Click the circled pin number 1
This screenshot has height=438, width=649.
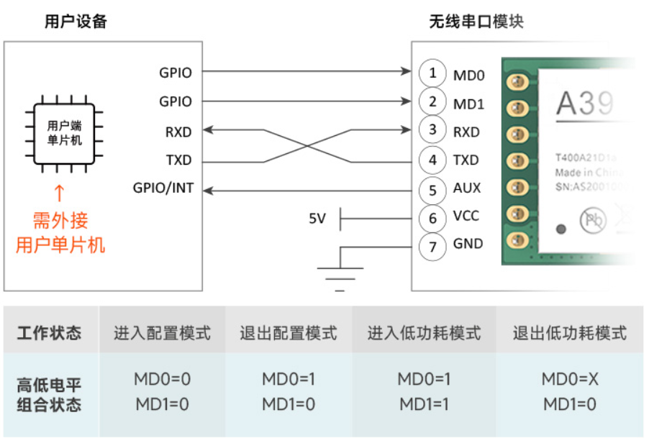coord(432,73)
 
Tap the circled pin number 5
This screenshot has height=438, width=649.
coord(432,190)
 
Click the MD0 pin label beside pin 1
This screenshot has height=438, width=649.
coord(468,75)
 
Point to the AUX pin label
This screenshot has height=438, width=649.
coord(467,188)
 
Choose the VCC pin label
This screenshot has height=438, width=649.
coord(466,216)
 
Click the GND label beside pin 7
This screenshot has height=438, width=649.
coord(468,245)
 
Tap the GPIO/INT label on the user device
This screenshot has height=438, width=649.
coord(163,188)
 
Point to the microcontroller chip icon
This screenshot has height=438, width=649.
coord(65,133)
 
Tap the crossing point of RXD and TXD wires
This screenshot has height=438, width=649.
coord(307,147)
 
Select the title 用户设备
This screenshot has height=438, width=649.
coord(76,22)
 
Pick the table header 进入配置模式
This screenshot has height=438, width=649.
coord(162,333)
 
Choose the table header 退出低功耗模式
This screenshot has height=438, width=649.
coord(569,333)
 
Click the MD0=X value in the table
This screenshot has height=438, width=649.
coord(569,379)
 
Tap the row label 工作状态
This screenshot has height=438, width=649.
coord(49,333)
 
